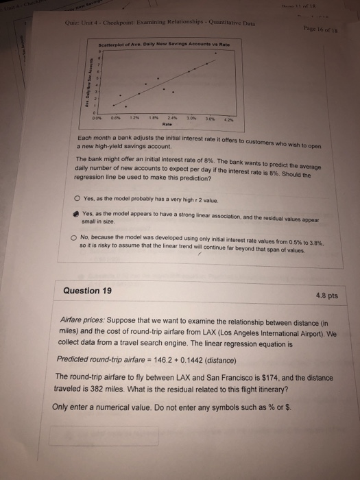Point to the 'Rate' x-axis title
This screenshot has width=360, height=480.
click(x=165, y=125)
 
